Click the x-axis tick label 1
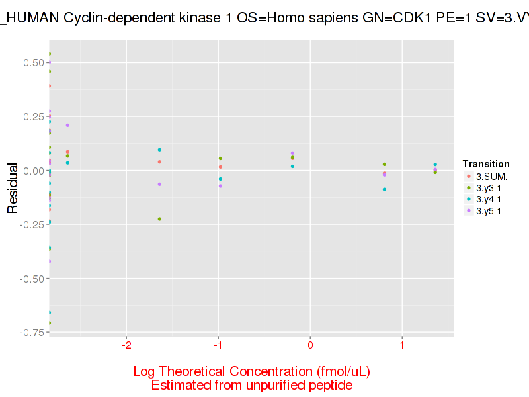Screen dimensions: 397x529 click(x=401, y=346)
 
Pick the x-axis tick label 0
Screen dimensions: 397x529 click(x=309, y=346)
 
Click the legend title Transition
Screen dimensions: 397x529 click(x=486, y=164)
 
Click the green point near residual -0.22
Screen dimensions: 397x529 click(x=159, y=219)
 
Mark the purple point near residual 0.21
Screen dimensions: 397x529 click(x=67, y=125)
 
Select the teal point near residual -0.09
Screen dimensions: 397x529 click(x=384, y=189)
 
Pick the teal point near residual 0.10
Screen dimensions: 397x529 click(x=159, y=150)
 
